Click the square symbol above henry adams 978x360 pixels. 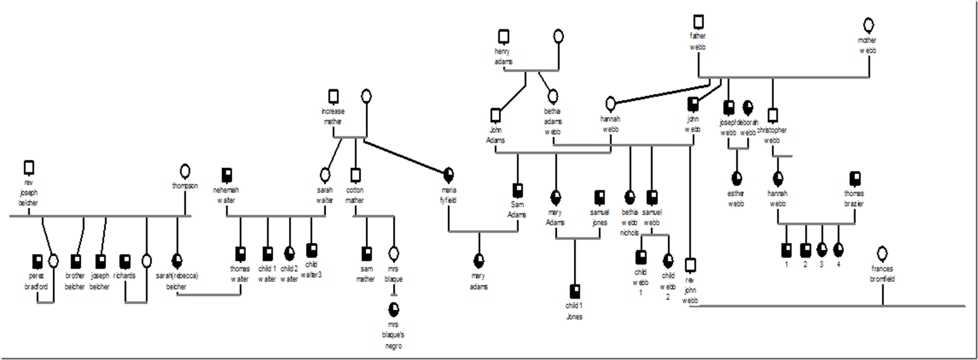pos(504,36)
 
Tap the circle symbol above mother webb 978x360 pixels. pos(868,25)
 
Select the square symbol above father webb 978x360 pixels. pos(698,22)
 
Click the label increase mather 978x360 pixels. pos(333,116)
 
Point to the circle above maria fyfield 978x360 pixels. pos(448,174)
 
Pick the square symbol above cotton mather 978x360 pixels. pos(355,174)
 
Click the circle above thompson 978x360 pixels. pos(185,171)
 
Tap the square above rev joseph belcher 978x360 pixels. pos(29,167)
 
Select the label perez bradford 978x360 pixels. pos(36,281)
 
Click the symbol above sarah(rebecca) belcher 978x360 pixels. pos(177,260)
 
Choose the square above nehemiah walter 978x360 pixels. pos(227,175)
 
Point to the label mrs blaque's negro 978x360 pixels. pos(393,335)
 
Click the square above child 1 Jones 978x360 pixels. pos(575,291)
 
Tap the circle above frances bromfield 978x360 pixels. pos(882,253)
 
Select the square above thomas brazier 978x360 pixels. pos(854,178)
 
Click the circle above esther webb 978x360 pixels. pos(736,178)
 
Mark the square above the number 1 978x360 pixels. pos(786,249)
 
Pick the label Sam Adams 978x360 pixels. pos(517,210)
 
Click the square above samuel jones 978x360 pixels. pos(600,197)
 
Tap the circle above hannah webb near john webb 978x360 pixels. pos(610,103)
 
